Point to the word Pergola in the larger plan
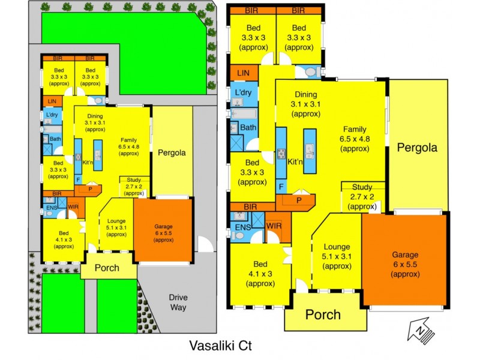click(x=416, y=148)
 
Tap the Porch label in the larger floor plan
click(x=323, y=314)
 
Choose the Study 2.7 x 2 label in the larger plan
click(x=362, y=196)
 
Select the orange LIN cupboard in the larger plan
click(x=243, y=73)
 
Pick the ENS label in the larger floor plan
click(x=242, y=227)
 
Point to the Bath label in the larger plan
click(x=248, y=127)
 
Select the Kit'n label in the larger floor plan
click(x=295, y=162)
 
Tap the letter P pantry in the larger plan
click(x=298, y=200)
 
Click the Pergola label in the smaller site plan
click(x=172, y=152)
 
